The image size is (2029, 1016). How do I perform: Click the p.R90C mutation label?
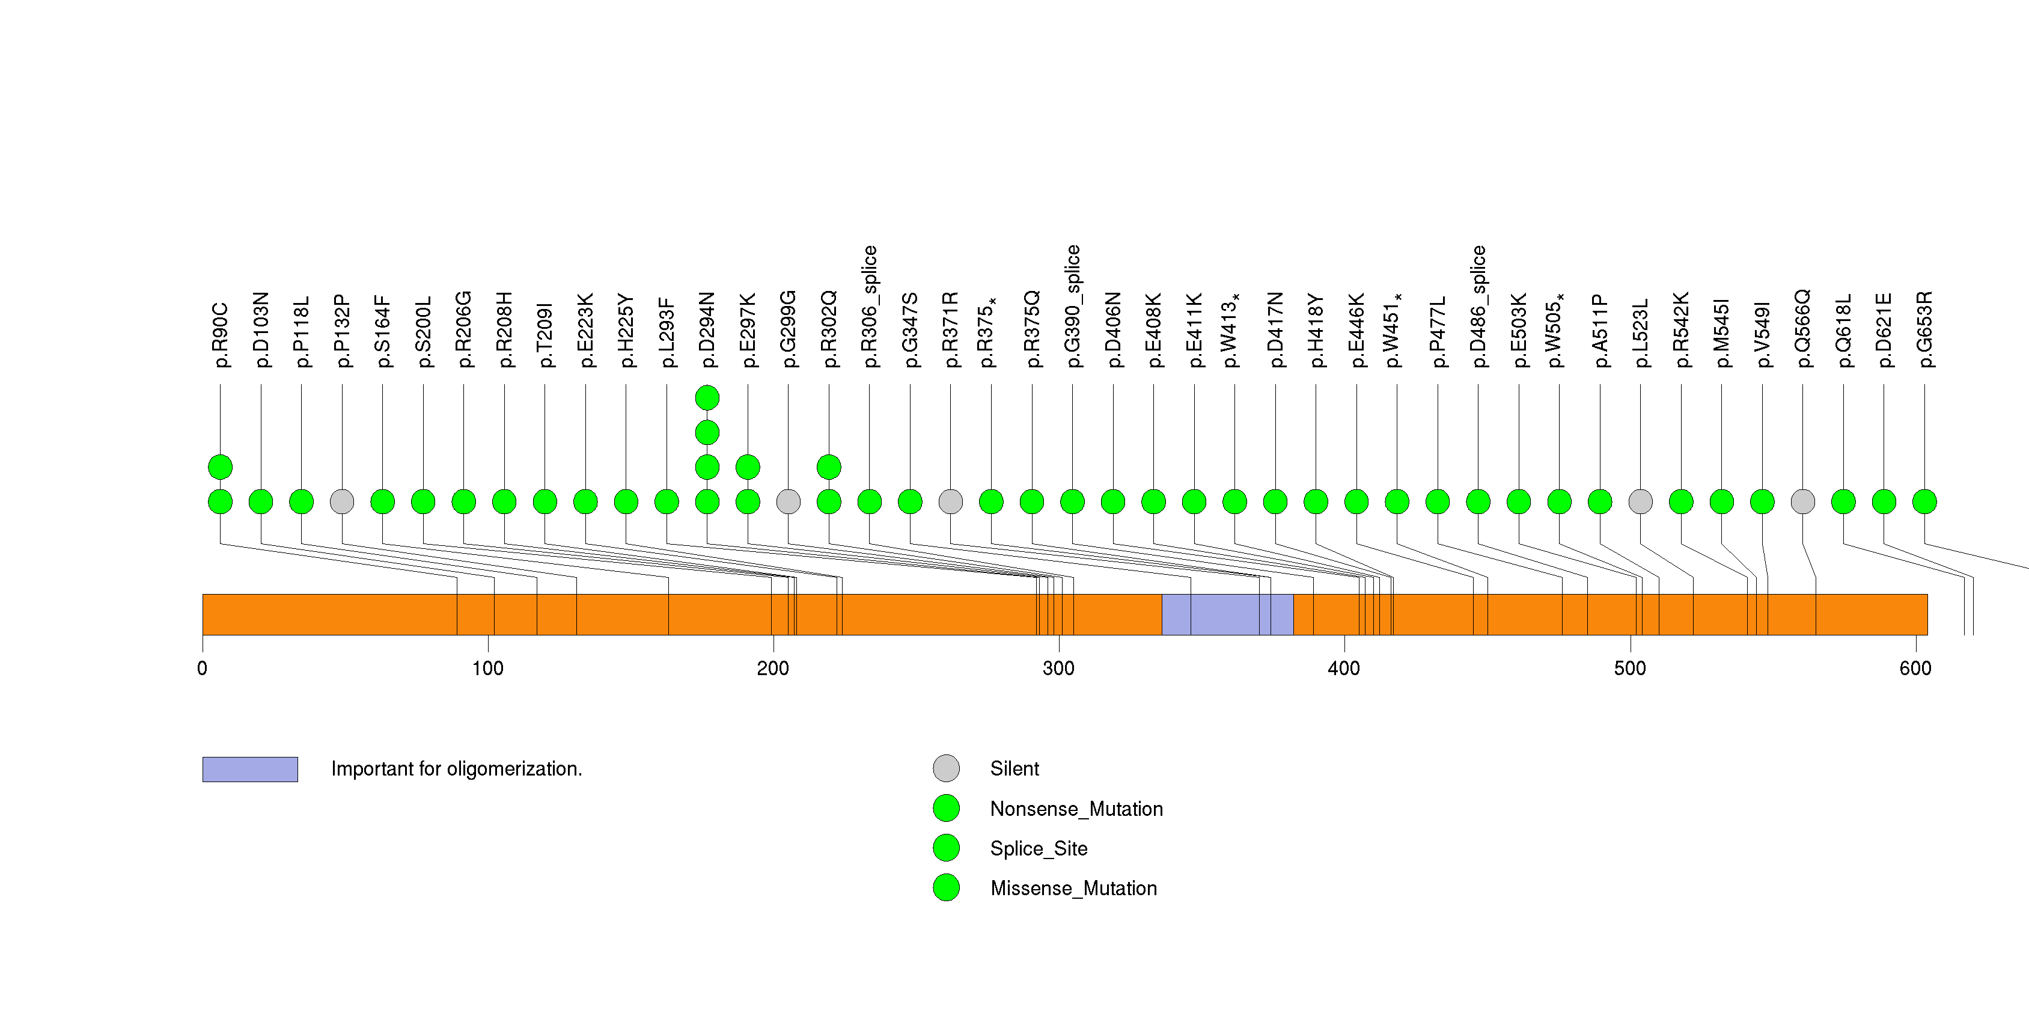(x=221, y=335)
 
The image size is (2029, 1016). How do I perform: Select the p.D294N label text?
(x=707, y=329)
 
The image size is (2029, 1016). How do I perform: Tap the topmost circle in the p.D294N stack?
(x=707, y=398)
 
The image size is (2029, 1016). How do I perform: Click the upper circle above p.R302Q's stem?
(x=829, y=467)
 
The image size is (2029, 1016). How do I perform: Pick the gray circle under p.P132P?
(x=342, y=502)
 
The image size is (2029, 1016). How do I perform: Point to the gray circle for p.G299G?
(x=789, y=502)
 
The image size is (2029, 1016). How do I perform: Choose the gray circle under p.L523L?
(x=1641, y=502)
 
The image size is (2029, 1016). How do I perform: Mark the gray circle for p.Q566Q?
(x=1803, y=502)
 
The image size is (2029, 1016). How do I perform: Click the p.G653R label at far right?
(x=1924, y=329)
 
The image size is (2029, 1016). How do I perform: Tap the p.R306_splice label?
(x=870, y=307)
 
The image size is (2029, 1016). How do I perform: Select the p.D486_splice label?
(x=1478, y=307)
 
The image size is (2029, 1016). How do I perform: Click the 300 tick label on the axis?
(x=1058, y=669)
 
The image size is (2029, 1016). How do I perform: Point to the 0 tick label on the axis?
(x=203, y=669)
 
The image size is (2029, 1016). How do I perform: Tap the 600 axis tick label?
(x=1915, y=669)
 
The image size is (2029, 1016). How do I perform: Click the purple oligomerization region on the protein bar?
(x=1227, y=614)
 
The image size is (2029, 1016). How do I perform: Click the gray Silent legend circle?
(x=946, y=768)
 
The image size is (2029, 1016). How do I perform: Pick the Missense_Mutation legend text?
(x=1073, y=889)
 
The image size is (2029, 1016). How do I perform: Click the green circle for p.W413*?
(x=1235, y=502)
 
